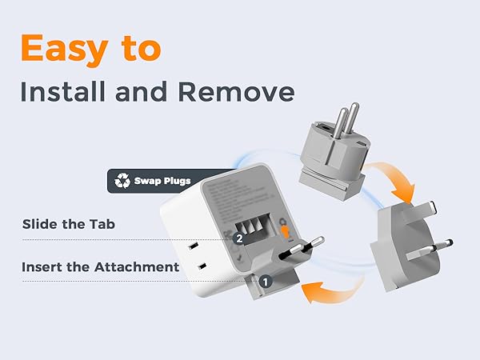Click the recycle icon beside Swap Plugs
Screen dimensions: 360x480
point(122,181)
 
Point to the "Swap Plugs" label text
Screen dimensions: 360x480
point(162,181)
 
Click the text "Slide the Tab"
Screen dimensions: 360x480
point(69,224)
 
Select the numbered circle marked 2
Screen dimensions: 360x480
point(238,238)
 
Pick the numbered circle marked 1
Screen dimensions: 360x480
point(266,281)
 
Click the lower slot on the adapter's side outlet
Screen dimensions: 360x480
point(203,266)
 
